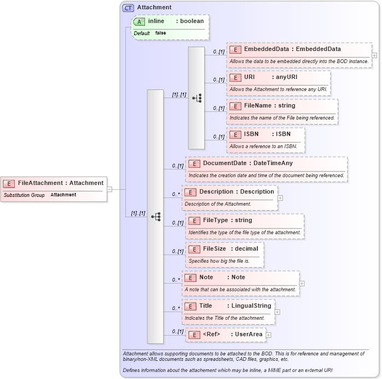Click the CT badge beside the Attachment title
pyautogui.click(x=128, y=8)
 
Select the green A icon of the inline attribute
pyautogui.click(x=140, y=21)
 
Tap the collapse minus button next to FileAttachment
pyautogui.click(x=109, y=189)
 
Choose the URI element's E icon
pyautogui.click(x=235, y=77)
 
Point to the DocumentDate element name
pyautogui.click(x=225, y=163)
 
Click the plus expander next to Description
pyautogui.click(x=280, y=198)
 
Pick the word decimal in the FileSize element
pyautogui.click(x=246, y=248)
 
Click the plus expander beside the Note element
pyautogui.click(x=302, y=284)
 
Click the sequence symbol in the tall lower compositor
pyautogui.click(x=155, y=216)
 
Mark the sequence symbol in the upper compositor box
pyautogui.click(x=196, y=98)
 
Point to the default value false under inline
pyautogui.click(x=160, y=33)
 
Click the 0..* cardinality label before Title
pyautogui.click(x=176, y=308)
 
